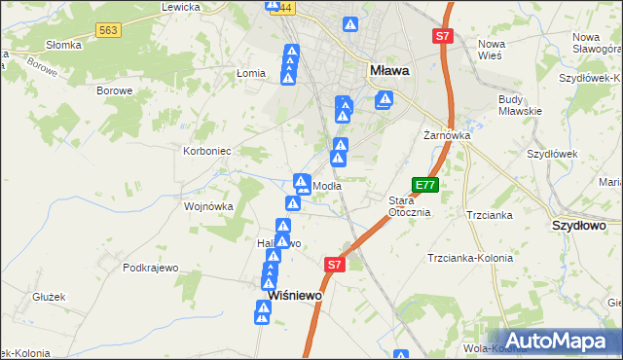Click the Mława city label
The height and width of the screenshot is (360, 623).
(389, 70)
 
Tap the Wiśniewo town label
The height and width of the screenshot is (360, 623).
(295, 295)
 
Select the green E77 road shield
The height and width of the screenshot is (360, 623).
(425, 184)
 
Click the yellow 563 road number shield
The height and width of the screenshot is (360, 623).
(109, 31)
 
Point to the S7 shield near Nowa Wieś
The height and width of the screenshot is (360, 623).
(443, 36)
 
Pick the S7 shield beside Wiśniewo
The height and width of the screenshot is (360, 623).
(335, 264)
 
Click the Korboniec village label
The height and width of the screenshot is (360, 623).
(206, 152)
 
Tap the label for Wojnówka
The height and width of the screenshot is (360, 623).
(208, 206)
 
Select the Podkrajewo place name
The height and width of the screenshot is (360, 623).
(149, 268)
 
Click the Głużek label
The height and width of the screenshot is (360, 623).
(48, 298)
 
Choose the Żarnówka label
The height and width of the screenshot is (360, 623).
(447, 135)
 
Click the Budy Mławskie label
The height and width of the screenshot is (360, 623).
(519, 104)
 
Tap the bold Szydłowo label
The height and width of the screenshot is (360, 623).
(579, 225)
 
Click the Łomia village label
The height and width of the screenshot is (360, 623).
(251, 74)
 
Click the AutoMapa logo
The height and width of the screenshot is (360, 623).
(558, 342)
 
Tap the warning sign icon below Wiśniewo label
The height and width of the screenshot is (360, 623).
(263, 312)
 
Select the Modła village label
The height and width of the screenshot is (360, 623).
(326, 186)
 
